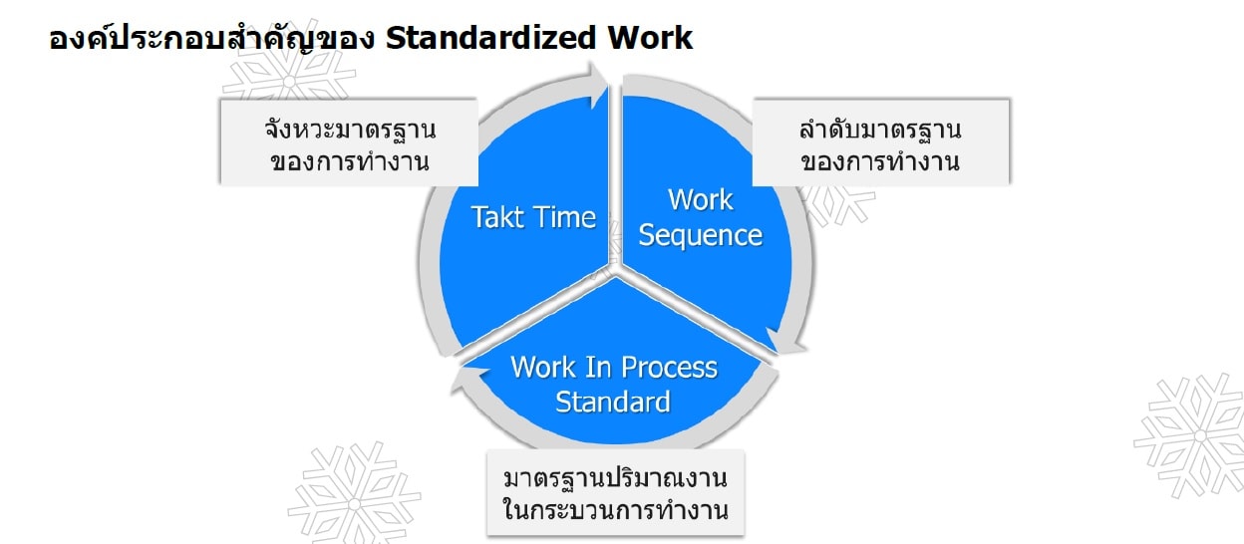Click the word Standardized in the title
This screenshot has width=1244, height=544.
[488, 38]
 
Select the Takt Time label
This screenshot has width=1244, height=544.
[533, 217]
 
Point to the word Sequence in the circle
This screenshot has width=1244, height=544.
[700, 235]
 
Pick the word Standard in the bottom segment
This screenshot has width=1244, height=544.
[612, 403]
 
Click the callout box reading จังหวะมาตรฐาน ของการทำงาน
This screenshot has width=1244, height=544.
[350, 140]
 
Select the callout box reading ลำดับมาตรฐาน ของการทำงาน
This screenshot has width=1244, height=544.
[880, 140]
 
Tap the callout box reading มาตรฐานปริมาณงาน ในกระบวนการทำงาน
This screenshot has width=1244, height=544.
[615, 494]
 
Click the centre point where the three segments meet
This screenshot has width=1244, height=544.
[615, 269]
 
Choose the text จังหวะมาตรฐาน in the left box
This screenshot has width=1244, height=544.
[350, 129]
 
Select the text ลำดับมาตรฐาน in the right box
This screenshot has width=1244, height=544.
[880, 129]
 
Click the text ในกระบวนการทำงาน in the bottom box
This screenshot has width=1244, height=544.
[615, 511]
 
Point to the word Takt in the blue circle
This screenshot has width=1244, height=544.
[496, 217]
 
